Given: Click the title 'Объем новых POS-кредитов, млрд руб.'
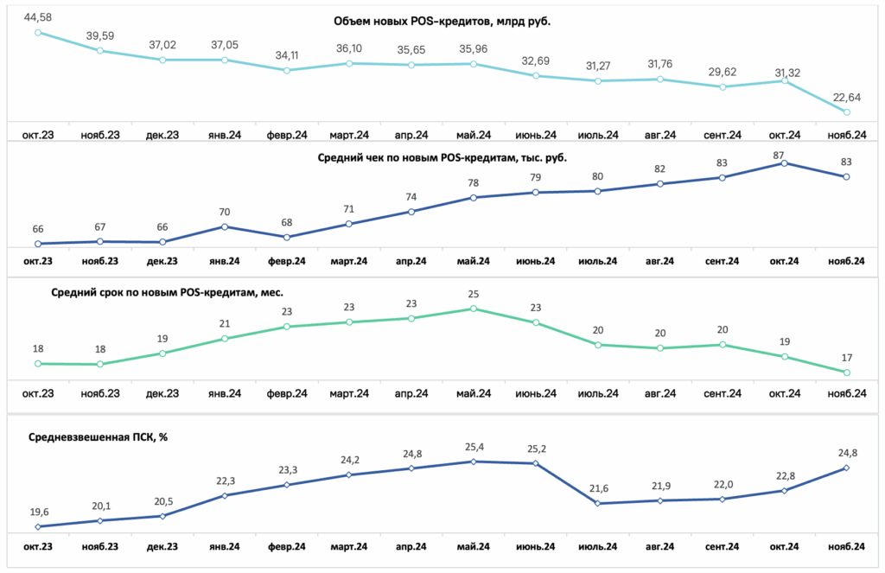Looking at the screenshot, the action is point(442,22).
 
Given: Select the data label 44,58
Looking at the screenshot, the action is point(38,17).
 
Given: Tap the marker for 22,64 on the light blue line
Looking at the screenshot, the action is point(847,112).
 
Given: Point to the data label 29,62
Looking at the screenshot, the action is point(723,73).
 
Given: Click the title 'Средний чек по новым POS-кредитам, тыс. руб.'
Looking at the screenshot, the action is point(442,158).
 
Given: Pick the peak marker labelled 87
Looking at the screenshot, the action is point(785,163).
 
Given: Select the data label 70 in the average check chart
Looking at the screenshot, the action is point(225,213).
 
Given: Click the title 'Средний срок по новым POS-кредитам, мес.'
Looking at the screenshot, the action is point(167,292).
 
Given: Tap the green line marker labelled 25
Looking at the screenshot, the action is point(474,309).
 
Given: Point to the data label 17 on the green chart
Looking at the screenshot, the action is point(847,358).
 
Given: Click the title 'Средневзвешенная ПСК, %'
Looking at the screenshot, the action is point(98,437).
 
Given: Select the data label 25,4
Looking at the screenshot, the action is point(474,448).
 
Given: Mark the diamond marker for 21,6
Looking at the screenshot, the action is point(598,503).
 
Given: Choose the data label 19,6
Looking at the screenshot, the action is point(39,513).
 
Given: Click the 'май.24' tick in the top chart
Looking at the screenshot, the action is point(474,136).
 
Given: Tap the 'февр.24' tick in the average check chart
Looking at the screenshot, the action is point(287,261).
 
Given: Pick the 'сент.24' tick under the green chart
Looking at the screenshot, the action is point(723,393).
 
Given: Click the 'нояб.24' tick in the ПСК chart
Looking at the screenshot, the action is point(847,547).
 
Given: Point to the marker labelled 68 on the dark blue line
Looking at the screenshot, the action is point(287,238).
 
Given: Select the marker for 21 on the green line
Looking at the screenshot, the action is point(225,339).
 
